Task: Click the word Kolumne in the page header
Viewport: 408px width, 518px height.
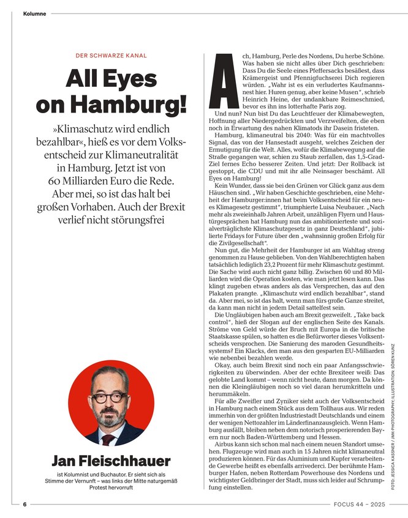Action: (x=34, y=13)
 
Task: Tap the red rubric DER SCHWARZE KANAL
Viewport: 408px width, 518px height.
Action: (x=111, y=56)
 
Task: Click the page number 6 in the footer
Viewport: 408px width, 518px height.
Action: (x=25, y=505)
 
